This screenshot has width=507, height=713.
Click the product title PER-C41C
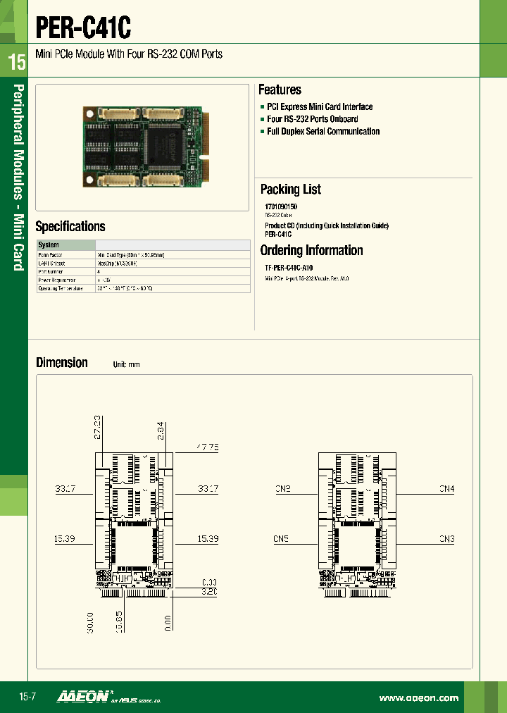(83, 28)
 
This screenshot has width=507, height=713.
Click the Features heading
(280, 90)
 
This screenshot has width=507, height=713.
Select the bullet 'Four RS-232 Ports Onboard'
(312, 119)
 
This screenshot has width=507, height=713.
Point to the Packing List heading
(290, 190)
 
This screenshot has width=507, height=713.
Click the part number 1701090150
(281, 207)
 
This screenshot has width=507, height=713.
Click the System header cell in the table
(49, 245)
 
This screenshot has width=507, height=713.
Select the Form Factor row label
(50, 254)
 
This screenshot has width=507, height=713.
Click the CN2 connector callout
(282, 488)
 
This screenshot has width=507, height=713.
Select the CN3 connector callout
(446, 539)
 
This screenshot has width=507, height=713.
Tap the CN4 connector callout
(446, 488)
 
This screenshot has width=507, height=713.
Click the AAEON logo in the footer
(82, 697)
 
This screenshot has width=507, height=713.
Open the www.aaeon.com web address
(418, 698)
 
